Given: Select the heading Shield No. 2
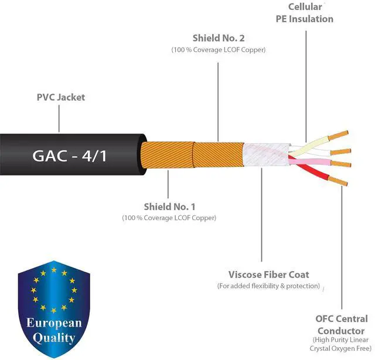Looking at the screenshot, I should coord(218,38).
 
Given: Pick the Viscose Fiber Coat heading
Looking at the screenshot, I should coord(269,274).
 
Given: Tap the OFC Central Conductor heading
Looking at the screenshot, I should coord(342,324).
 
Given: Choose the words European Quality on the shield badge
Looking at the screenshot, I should coord(54,331).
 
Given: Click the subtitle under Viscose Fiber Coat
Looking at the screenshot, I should coord(269,286).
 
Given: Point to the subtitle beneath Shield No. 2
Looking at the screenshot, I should coord(218,50).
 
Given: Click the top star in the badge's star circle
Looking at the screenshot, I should coord(53,270).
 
